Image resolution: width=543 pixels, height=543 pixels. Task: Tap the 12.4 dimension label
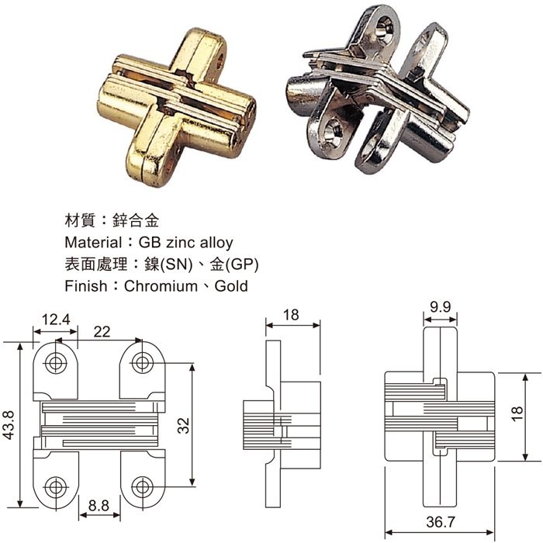tap(55, 318)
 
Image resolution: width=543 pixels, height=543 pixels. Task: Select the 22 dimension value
tap(102, 332)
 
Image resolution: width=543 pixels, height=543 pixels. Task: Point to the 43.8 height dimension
tap(9, 425)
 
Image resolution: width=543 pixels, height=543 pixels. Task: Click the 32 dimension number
tap(185, 424)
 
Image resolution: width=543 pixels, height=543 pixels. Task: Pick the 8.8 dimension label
tap(99, 505)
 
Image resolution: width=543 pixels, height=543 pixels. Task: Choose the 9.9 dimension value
tap(441, 306)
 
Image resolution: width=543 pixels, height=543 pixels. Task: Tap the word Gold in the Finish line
tap(231, 286)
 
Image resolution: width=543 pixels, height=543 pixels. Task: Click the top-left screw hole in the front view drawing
tap(56, 362)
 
